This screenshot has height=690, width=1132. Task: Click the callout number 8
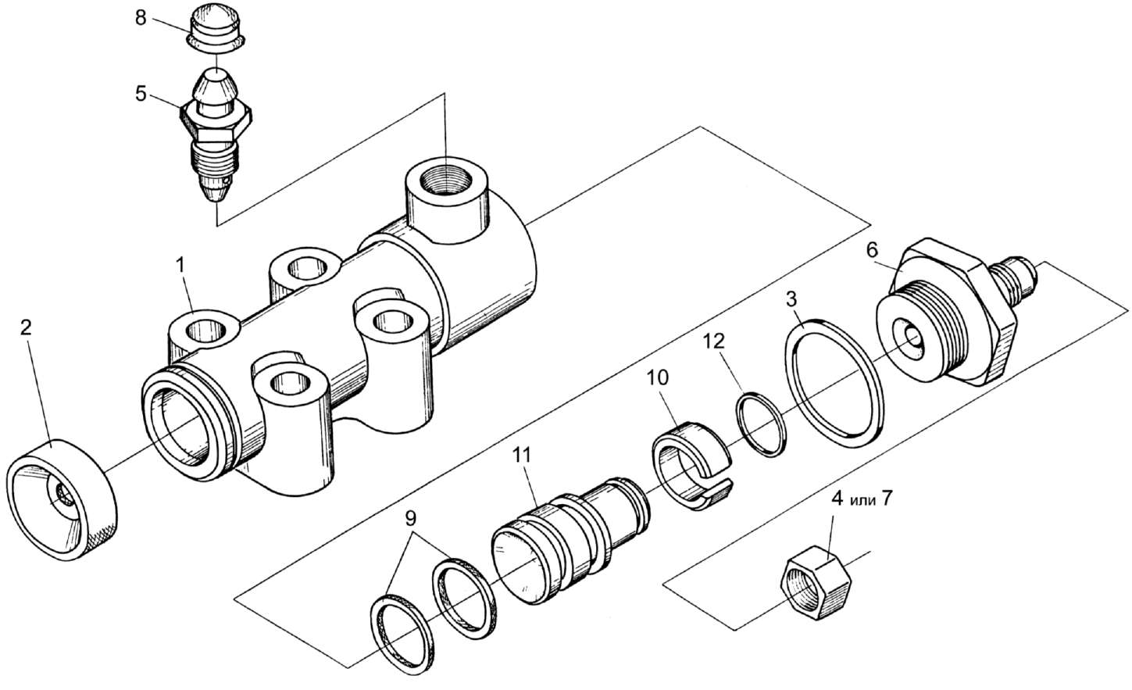click(x=141, y=17)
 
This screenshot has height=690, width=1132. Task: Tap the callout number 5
click(x=141, y=94)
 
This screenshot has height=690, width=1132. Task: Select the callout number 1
click(x=180, y=266)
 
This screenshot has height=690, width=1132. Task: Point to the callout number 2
click(x=26, y=327)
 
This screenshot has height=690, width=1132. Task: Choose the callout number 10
click(x=658, y=377)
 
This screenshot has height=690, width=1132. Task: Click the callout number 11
click(x=522, y=452)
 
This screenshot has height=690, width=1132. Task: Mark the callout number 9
click(x=410, y=517)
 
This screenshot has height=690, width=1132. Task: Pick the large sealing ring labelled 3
click(x=834, y=381)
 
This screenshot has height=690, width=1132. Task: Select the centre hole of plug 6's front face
click(x=912, y=337)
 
